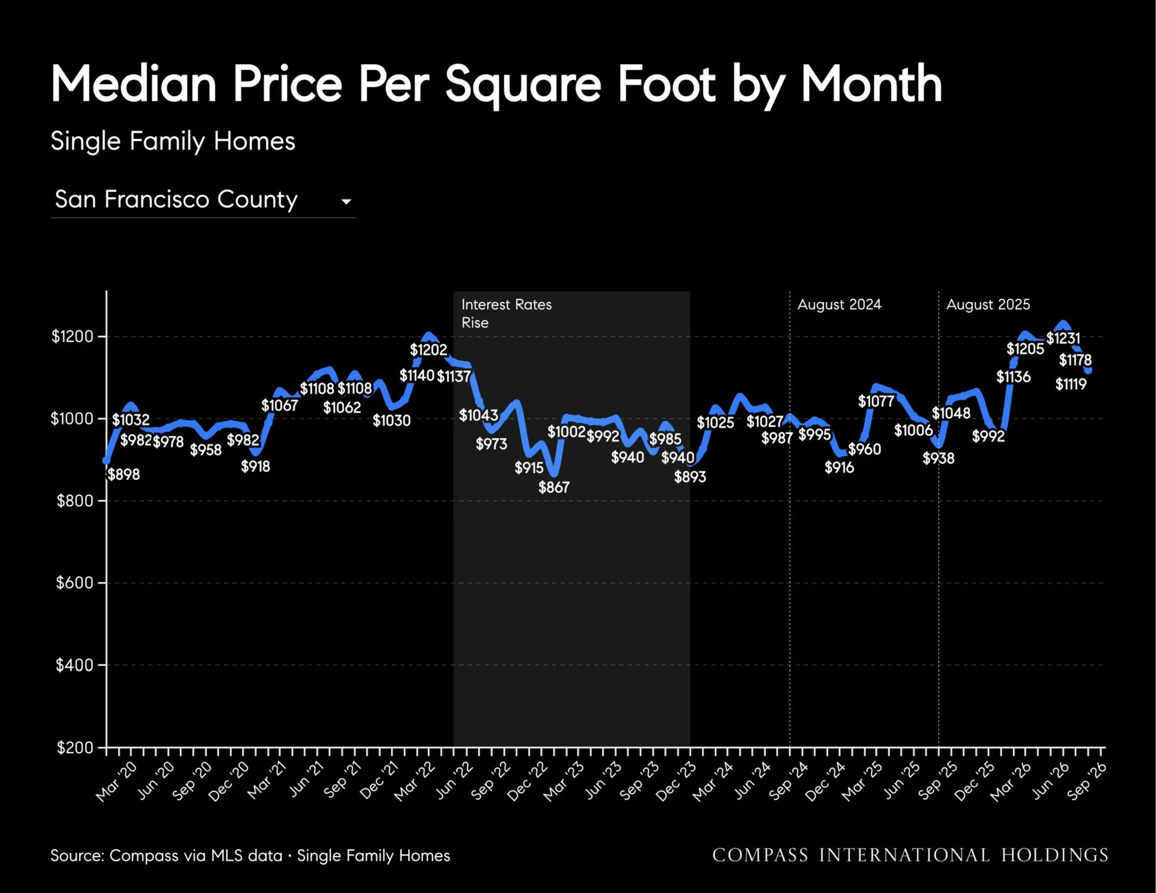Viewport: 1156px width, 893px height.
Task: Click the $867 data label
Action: [554, 487]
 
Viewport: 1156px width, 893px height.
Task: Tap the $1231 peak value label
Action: [1063, 338]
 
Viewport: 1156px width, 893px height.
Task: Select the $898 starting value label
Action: [124, 474]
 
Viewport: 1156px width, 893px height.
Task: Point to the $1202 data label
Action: [428, 350]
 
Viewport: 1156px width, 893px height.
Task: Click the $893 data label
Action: [690, 477]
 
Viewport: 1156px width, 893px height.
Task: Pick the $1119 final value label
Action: [1071, 384]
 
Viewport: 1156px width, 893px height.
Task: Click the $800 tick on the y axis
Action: [75, 500]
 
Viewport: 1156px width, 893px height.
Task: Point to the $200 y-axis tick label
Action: [75, 748]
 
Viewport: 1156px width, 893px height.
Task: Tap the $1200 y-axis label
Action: [72, 336]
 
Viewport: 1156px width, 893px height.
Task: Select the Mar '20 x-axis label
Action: [117, 782]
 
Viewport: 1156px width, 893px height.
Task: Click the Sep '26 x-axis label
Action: [1087, 781]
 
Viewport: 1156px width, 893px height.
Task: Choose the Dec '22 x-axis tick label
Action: [528, 782]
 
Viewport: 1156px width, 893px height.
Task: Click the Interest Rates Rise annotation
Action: [506, 313]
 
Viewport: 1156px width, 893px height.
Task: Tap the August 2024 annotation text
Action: [840, 305]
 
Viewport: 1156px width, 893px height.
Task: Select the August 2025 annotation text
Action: [988, 305]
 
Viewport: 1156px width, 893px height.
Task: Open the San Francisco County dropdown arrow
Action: [346, 201]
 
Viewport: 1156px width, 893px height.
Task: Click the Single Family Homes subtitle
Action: [173, 141]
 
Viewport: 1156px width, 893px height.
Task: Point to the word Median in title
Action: [133, 84]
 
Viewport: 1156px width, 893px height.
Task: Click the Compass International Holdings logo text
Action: [910, 855]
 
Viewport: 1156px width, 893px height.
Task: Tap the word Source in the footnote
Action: [77, 855]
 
